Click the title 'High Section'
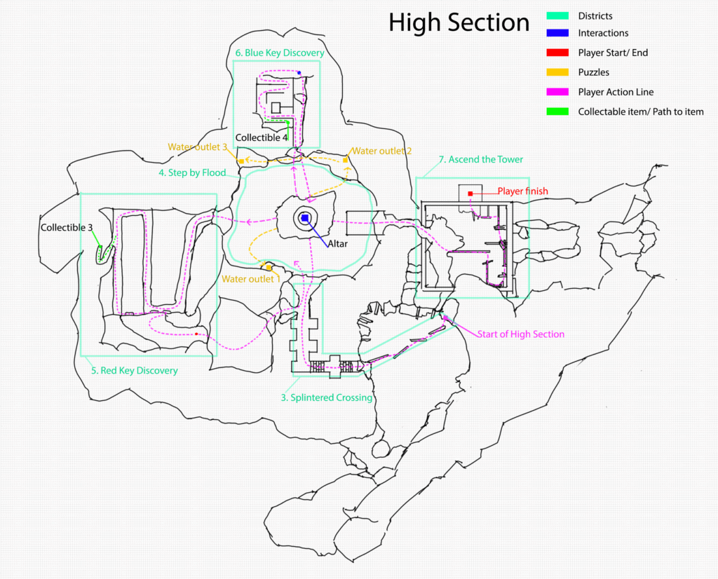[459, 23]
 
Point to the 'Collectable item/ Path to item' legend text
[641, 111]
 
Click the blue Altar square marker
[305, 219]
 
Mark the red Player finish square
[470, 193]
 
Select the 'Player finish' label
[522, 191]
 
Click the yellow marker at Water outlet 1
[268, 267]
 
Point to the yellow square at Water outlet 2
[345, 160]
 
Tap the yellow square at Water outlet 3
[241, 161]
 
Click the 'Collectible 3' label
[66, 228]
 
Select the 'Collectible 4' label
[261, 138]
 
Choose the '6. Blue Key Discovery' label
[280, 53]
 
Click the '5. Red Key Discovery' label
[134, 370]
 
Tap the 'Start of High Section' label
[520, 334]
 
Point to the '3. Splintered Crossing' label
[326, 397]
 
